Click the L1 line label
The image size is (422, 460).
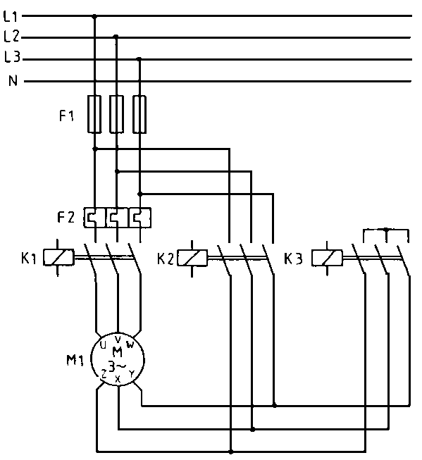click(x=11, y=15)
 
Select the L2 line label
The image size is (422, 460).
click(x=11, y=35)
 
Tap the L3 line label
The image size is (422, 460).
click(x=11, y=58)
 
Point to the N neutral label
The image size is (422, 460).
click(x=13, y=81)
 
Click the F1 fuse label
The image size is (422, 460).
click(x=66, y=116)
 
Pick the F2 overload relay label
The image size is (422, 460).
click(x=66, y=217)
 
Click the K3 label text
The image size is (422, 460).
click(x=293, y=259)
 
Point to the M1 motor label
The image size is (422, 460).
click(x=75, y=362)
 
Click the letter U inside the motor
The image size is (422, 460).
click(x=104, y=345)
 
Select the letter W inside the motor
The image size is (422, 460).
click(x=130, y=344)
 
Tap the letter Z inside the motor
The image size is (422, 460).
click(x=104, y=374)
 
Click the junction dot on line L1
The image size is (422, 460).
click(x=95, y=15)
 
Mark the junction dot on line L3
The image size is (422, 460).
click(x=140, y=59)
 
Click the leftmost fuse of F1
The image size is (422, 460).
click(x=95, y=113)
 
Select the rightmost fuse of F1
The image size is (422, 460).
click(x=140, y=113)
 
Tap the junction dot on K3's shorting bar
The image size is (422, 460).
click(x=387, y=230)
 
